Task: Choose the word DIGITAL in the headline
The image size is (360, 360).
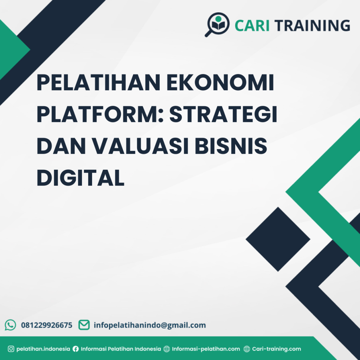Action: click(x=81, y=178)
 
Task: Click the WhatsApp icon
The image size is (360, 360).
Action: click(x=11, y=325)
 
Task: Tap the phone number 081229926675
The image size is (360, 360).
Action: click(x=47, y=325)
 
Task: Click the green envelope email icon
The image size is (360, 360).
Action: click(x=84, y=325)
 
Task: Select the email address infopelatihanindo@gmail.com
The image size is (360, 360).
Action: click(x=150, y=325)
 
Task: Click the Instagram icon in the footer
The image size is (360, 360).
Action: click(x=11, y=349)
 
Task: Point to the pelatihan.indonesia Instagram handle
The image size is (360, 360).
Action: click(x=43, y=349)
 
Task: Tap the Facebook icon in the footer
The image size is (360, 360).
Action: click(x=76, y=349)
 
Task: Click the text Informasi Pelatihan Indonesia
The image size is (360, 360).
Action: click(x=121, y=349)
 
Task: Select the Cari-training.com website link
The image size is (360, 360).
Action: click(x=276, y=349)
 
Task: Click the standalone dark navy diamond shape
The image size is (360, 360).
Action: click(x=278, y=239)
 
